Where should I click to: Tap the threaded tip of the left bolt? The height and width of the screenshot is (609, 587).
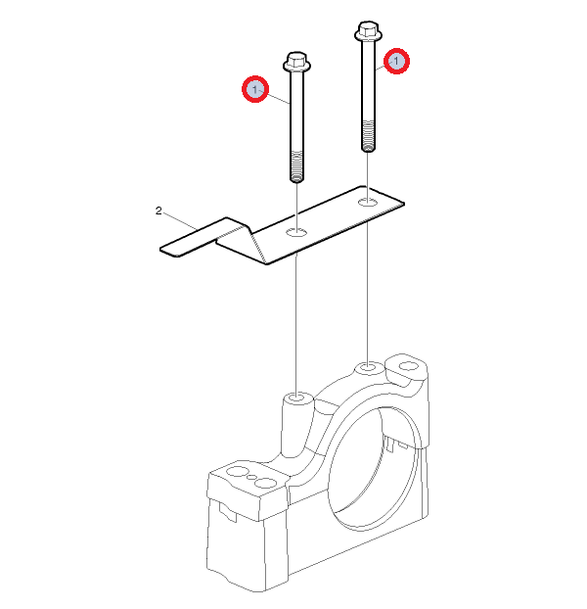click(x=296, y=166)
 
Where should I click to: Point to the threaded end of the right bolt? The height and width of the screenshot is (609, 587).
click(x=368, y=135)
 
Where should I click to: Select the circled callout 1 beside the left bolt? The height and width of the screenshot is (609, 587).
click(x=255, y=89)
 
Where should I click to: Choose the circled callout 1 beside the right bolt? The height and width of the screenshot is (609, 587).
click(x=396, y=61)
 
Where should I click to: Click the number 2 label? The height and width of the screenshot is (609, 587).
click(x=158, y=211)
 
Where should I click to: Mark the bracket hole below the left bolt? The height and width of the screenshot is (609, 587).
click(x=296, y=233)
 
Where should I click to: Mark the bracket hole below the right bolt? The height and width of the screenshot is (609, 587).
click(x=368, y=202)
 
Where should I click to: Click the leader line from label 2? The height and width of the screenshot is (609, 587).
click(x=180, y=220)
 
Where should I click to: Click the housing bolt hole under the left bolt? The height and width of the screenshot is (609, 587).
click(x=297, y=398)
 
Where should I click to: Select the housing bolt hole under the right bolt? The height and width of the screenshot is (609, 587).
click(x=368, y=366)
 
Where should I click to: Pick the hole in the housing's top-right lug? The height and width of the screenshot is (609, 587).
click(x=407, y=366)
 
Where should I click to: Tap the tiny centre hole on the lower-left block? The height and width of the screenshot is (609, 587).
click(x=251, y=477)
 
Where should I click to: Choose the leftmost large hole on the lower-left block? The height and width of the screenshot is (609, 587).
click(x=237, y=472)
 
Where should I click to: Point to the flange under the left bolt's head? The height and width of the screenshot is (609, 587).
click(x=296, y=67)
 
